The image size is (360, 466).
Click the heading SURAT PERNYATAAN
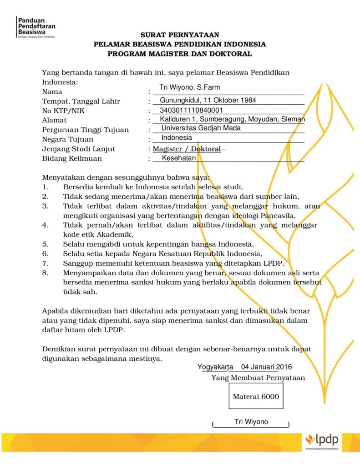[180, 35]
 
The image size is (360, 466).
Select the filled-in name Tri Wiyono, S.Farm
[190, 87]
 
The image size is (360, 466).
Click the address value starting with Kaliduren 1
[232, 119]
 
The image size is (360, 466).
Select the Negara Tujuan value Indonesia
[177, 137]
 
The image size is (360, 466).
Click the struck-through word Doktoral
[206, 149]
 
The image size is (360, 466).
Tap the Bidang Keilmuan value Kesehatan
[179, 158]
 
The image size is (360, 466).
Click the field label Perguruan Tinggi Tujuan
[85, 130]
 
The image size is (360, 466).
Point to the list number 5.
[45, 243]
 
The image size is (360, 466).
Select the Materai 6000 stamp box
[256, 397]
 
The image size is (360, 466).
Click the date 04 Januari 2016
[266, 367]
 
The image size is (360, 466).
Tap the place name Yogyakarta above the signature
[215, 367]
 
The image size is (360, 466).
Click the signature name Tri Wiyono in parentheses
[251, 422]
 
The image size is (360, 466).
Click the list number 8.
[45, 273]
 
